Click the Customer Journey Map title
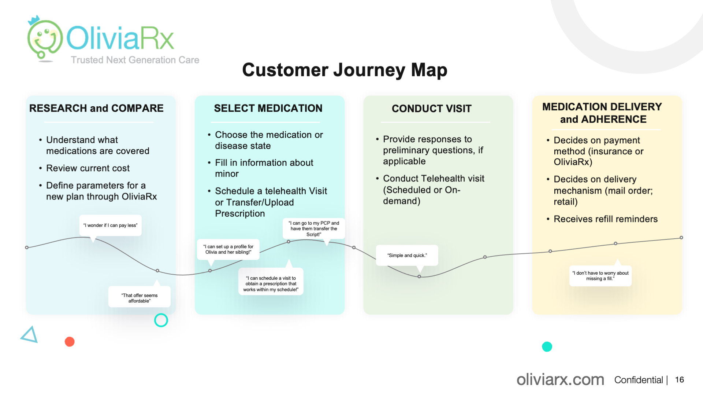coord(345,70)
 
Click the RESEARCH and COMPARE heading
coord(96,108)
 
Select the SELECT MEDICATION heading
coord(268,108)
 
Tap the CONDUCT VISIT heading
coord(431,109)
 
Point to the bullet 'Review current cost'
coord(88,168)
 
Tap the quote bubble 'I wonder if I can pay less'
coord(110,225)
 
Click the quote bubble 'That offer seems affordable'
coord(140,297)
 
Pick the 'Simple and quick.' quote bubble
coord(407,255)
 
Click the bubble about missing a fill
coord(600,276)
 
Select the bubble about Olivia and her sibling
coord(228,249)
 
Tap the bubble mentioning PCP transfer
coord(314,228)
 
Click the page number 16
coord(680,380)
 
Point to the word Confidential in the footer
coord(639,380)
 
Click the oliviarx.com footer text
coord(560,379)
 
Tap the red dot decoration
coord(70,342)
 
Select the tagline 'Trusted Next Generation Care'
coord(135,60)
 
